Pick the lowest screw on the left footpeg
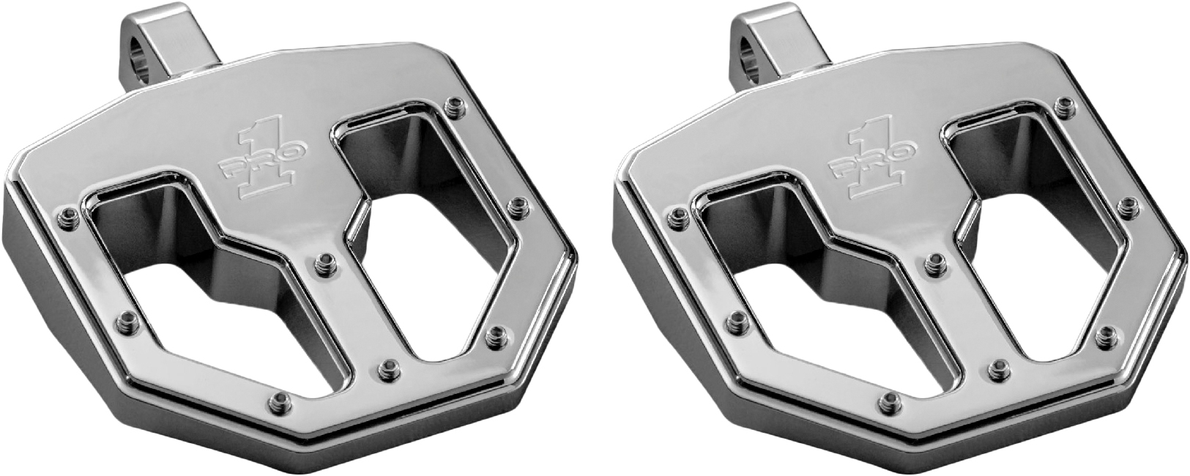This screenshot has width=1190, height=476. pyautogui.click(x=279, y=399)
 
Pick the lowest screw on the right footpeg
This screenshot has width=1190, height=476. pyautogui.click(x=889, y=399)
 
